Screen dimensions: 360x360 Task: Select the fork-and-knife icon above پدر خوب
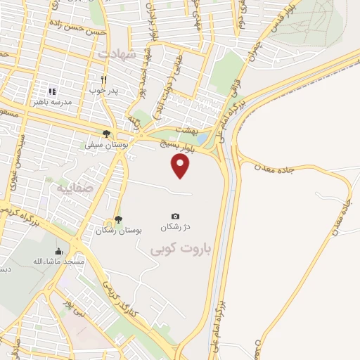pos(104,79)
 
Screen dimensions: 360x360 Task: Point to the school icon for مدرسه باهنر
pos(51,91)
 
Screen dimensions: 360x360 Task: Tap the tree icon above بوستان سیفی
pos(106,134)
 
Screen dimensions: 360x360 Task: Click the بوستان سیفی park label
pos(100,145)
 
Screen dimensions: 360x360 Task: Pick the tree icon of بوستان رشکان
pos(117,219)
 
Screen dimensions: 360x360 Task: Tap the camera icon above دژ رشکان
pos(175,216)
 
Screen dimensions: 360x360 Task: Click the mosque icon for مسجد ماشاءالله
pos(59,251)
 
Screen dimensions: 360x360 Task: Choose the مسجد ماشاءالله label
pos(59,262)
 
